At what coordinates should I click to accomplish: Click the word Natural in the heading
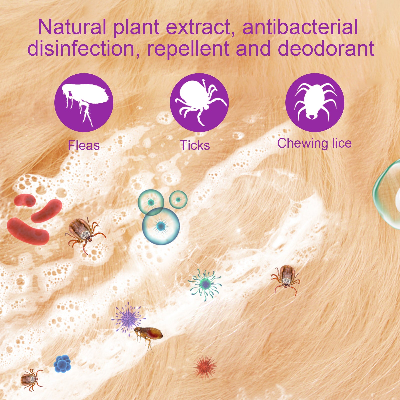click(72, 27)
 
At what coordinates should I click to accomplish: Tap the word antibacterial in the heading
click(300, 27)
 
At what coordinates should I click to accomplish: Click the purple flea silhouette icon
click(84, 102)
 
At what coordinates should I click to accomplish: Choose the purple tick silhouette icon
click(199, 102)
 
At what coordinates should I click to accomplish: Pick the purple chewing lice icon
click(315, 102)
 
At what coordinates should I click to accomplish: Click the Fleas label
click(84, 145)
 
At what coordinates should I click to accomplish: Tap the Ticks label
click(195, 145)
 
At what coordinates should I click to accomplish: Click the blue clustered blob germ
click(62, 364)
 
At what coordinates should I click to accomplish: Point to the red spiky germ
click(205, 367)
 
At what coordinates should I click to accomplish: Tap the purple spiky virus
click(128, 319)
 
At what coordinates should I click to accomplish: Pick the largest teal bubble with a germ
click(161, 226)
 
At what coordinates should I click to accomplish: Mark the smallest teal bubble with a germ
click(178, 199)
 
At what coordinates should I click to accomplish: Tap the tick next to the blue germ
click(31, 380)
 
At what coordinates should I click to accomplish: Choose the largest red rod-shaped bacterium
click(28, 231)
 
